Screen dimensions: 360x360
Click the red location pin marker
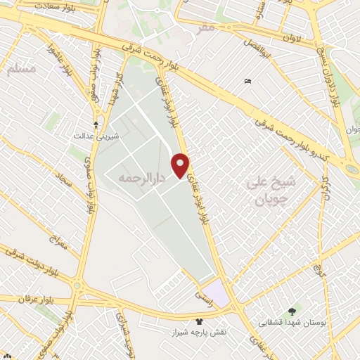click(181, 165)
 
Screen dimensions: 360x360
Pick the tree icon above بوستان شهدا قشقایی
click(292, 311)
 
